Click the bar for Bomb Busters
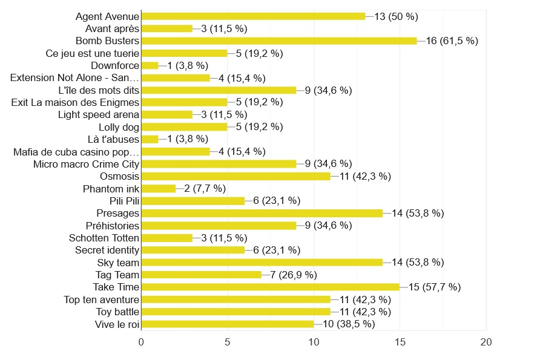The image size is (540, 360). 278,41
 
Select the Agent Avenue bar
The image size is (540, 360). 253,16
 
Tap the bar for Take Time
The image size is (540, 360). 270,287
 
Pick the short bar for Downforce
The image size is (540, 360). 150,65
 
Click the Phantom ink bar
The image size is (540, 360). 158,189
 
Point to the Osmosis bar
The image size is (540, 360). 235,176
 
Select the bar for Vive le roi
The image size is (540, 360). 227,324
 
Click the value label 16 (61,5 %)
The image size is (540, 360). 452,41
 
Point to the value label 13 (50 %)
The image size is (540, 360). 397,16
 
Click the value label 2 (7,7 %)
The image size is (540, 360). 209,189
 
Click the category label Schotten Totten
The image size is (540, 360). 104,238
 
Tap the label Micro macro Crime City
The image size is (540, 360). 87,164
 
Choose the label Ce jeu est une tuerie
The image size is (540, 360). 93,53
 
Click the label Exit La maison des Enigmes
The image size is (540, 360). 76,102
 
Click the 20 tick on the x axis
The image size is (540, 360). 486,342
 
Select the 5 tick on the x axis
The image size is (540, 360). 228,342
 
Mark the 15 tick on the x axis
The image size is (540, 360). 400,342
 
